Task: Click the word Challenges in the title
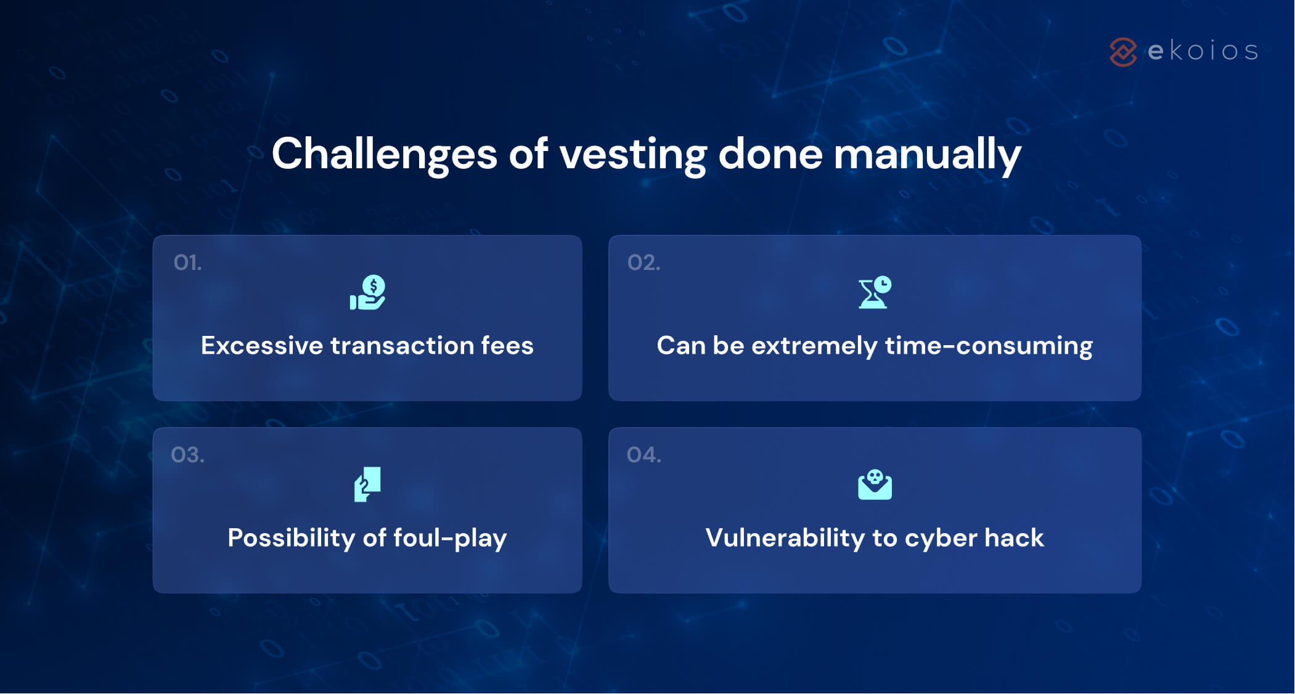tap(384, 154)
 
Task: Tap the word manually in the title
tap(927, 154)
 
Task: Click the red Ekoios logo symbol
tap(1122, 52)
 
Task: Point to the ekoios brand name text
tap(1203, 51)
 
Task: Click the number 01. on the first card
tap(187, 263)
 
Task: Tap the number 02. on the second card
tap(643, 263)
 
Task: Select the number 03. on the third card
tap(187, 455)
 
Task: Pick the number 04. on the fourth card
tap(643, 455)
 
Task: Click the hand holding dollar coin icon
tap(368, 293)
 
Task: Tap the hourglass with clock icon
tap(875, 292)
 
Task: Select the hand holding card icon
tap(367, 484)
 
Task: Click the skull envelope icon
tap(875, 485)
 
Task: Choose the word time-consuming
tap(989, 346)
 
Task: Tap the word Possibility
tap(290, 538)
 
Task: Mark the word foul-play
tap(450, 538)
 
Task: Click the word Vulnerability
tap(785, 538)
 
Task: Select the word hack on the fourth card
tap(1014, 538)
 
